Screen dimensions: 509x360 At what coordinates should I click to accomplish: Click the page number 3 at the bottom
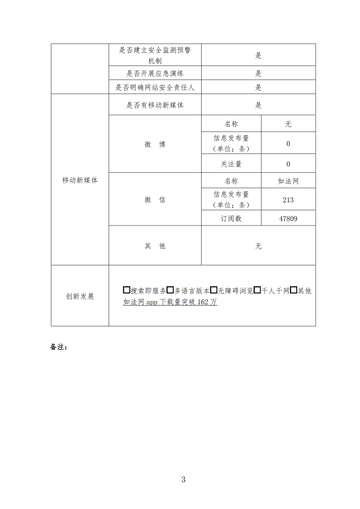183,480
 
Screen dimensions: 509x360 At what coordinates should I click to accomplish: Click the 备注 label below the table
58,347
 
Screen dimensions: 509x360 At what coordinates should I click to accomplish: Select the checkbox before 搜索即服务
127,290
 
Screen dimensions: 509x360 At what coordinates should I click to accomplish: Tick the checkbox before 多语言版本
170,290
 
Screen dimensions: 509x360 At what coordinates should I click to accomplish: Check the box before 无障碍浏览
214,290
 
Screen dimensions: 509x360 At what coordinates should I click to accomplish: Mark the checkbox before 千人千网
257,290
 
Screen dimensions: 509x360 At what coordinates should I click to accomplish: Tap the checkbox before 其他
293,290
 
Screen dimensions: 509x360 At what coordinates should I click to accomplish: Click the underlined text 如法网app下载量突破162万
170,302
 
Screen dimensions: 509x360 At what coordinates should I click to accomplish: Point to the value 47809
288,219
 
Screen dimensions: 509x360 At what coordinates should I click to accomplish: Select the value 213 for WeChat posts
288,200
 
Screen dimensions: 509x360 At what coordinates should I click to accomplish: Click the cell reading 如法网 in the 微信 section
288,181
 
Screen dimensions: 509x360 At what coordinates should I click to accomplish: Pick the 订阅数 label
231,219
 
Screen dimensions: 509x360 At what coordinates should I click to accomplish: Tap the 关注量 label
231,164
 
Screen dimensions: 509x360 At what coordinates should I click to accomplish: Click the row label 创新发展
80,296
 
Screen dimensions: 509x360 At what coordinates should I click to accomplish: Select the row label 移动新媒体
80,180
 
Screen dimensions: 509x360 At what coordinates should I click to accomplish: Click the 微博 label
155,145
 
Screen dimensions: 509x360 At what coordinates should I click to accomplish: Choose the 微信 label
155,200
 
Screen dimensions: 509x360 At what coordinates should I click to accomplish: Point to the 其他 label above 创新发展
155,246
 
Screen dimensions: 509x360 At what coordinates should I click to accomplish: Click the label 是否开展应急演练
155,74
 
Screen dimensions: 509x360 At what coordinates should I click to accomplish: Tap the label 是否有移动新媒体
155,105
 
